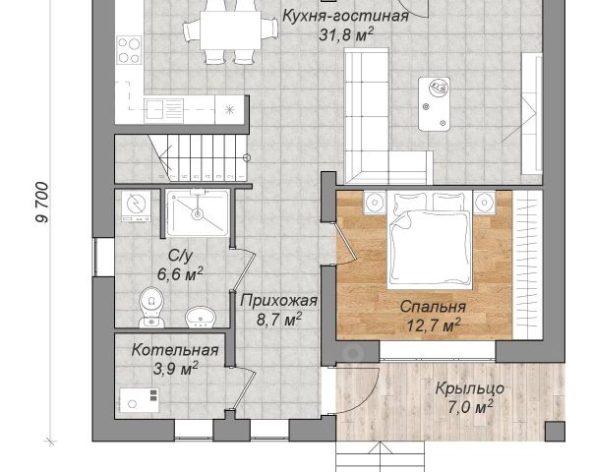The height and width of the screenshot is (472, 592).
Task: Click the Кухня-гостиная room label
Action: (345, 17)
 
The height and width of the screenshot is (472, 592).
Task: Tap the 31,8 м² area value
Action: (346, 34)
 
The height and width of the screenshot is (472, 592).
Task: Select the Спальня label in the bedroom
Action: (433, 306)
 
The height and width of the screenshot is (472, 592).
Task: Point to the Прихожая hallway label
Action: (279, 301)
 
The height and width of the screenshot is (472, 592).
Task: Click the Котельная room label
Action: (175, 350)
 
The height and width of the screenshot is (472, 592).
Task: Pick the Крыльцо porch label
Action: (470, 388)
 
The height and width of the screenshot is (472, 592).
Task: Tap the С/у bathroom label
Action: (180, 256)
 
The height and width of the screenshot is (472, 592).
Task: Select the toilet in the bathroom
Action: (151, 308)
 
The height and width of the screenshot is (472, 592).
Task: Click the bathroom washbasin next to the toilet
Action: (200, 317)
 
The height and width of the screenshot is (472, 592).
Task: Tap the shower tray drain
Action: (197, 214)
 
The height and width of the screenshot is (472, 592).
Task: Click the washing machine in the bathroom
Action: (136, 206)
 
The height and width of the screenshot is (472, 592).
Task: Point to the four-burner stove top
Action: (129, 50)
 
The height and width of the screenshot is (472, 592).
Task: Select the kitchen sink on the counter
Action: (154, 109)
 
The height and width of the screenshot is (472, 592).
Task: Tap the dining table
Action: (231, 29)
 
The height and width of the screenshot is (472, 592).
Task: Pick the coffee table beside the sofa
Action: (435, 104)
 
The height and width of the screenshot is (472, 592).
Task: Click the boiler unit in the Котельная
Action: (140, 400)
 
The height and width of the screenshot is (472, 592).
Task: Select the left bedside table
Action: (375, 203)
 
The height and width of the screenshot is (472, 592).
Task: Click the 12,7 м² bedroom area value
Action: (433, 324)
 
